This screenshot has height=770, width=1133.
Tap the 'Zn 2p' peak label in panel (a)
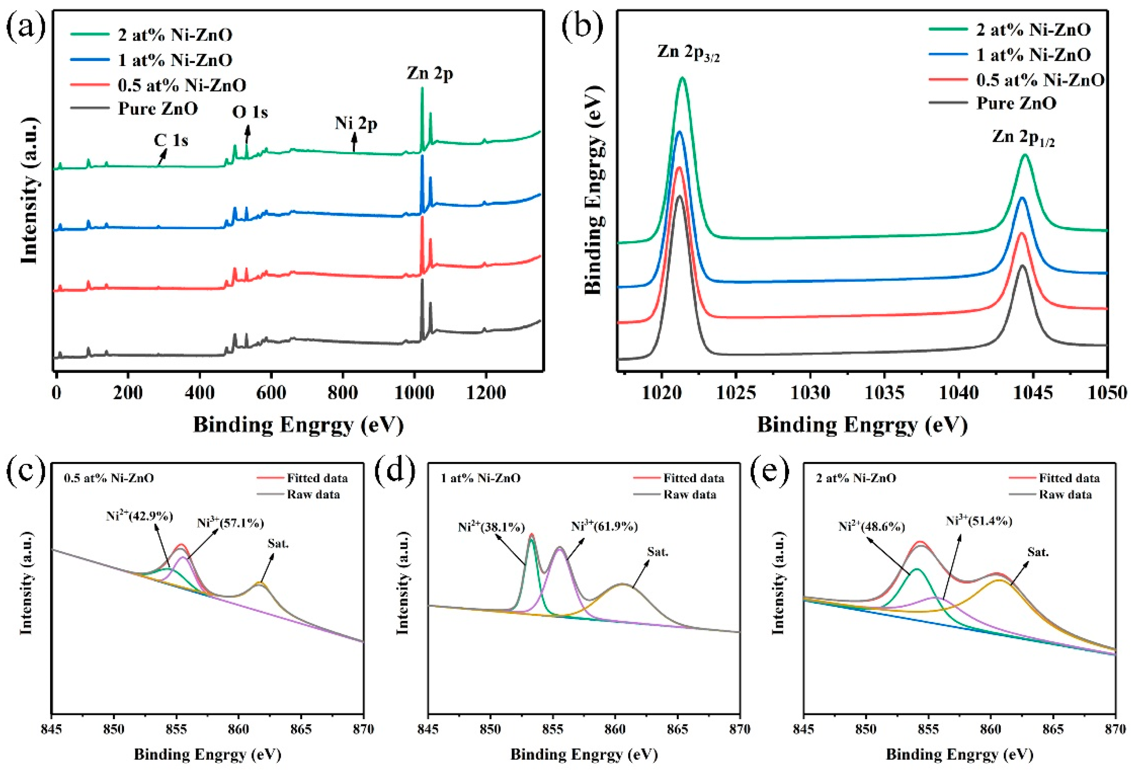coord(430,73)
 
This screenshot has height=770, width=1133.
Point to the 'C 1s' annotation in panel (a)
coord(171,140)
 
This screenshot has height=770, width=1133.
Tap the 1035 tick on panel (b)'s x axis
coord(884,392)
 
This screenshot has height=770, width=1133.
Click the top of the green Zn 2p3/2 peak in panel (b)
coord(682,78)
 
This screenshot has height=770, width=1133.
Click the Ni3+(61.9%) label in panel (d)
coord(604,526)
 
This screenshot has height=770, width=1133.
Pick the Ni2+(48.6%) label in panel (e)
coord(871,527)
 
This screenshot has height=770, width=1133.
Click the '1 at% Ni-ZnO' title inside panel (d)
coord(480,478)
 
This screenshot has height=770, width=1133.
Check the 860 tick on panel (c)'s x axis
coord(238,729)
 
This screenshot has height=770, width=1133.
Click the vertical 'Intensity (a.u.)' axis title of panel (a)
coord(29,190)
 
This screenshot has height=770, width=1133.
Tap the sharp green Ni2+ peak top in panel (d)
coord(531,537)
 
